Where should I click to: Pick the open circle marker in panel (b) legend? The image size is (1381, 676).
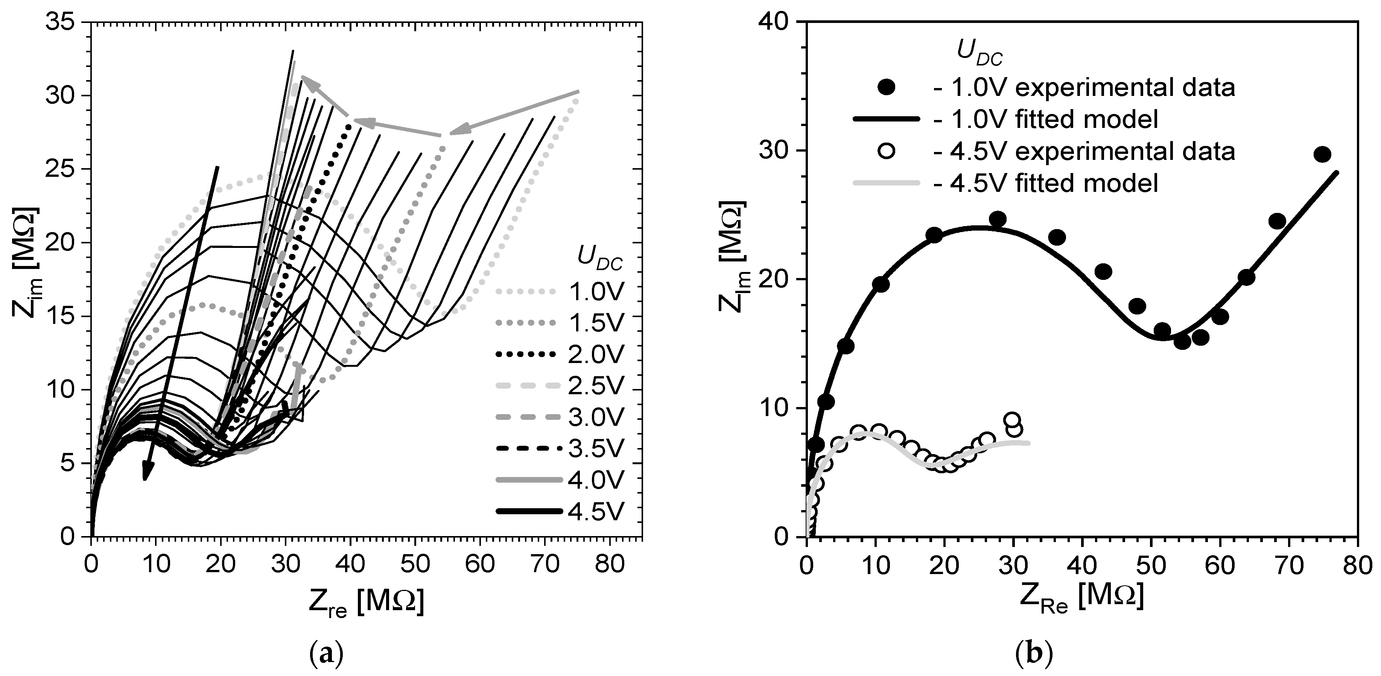[x=887, y=152]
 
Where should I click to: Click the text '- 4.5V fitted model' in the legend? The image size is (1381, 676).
[x=1045, y=183]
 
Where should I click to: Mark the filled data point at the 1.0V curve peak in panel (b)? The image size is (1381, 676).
[x=997, y=219]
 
